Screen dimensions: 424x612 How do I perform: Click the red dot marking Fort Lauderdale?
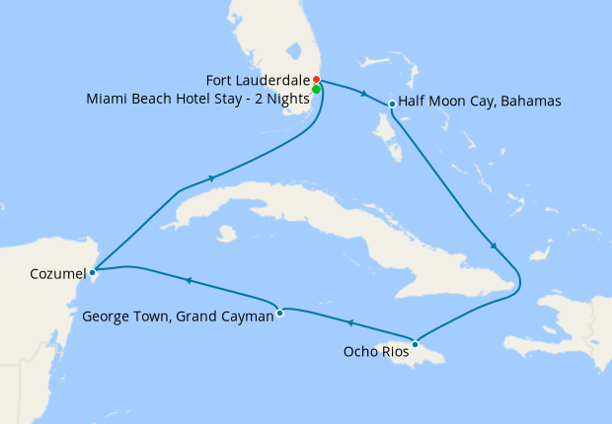[316, 80]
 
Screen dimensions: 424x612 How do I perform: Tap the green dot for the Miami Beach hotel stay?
[316, 90]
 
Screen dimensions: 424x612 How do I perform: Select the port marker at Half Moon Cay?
[393, 104]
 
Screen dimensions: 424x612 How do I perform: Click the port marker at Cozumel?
[92, 271]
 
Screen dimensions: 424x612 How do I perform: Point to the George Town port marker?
[280, 314]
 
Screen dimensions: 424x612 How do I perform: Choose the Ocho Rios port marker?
[416, 344]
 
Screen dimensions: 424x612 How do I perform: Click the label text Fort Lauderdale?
[258, 79]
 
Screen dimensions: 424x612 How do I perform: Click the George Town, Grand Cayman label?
[178, 317]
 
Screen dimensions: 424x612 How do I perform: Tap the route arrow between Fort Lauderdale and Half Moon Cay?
[366, 95]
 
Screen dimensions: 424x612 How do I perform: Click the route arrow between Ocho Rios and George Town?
[348, 322]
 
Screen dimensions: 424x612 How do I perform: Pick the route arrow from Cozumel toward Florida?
[211, 178]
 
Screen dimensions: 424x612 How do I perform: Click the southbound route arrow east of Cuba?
[494, 247]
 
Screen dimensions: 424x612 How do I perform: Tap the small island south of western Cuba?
[228, 234]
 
